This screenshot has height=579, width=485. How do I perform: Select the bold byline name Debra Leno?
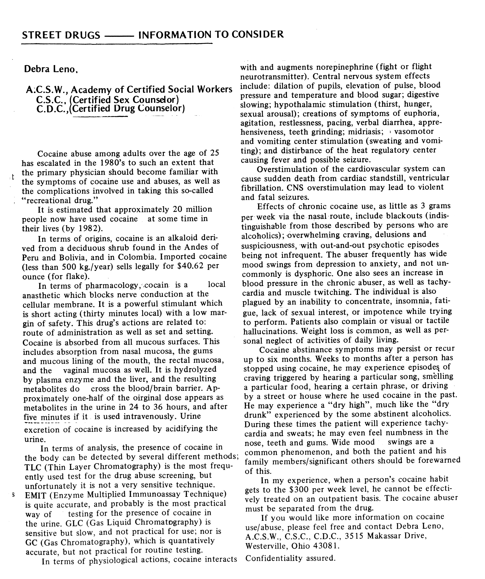[x=51, y=69]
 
